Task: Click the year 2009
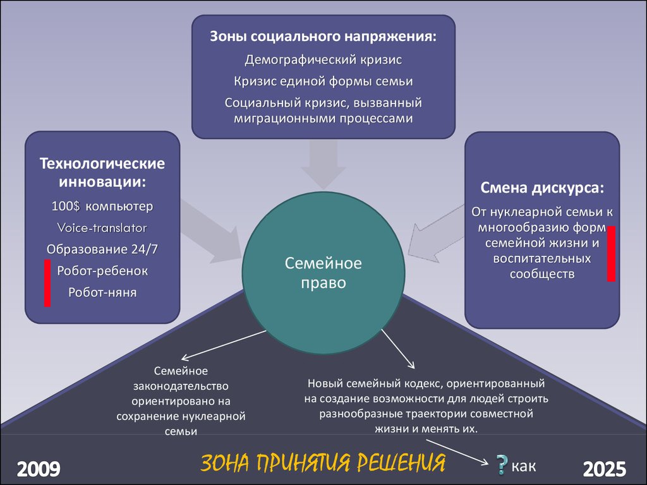pyautogui.click(x=39, y=469)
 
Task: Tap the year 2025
pyautogui.click(x=605, y=469)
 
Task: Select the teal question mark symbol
pyautogui.click(x=501, y=465)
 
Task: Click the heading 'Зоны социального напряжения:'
pyautogui.click(x=323, y=36)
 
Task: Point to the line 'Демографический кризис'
pyautogui.click(x=323, y=60)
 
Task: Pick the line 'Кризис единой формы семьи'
pyautogui.click(x=323, y=81)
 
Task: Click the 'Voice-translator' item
pyautogui.click(x=102, y=227)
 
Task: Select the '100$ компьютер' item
pyautogui.click(x=102, y=207)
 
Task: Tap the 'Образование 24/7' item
pyautogui.click(x=102, y=249)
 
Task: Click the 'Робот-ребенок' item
pyautogui.click(x=102, y=270)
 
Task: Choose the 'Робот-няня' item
pyautogui.click(x=102, y=292)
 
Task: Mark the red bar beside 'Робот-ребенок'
pyautogui.click(x=47, y=283)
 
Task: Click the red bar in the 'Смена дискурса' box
pyautogui.click(x=611, y=254)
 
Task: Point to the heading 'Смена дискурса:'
pyautogui.click(x=542, y=188)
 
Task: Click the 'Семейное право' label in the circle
pyautogui.click(x=323, y=273)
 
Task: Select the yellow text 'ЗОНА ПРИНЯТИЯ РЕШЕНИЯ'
pyautogui.click(x=323, y=463)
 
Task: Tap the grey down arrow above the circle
pyautogui.click(x=323, y=164)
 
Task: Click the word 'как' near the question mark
pyautogui.click(x=524, y=466)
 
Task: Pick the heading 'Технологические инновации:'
pyautogui.click(x=102, y=172)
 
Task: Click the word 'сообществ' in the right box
pyautogui.click(x=542, y=274)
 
